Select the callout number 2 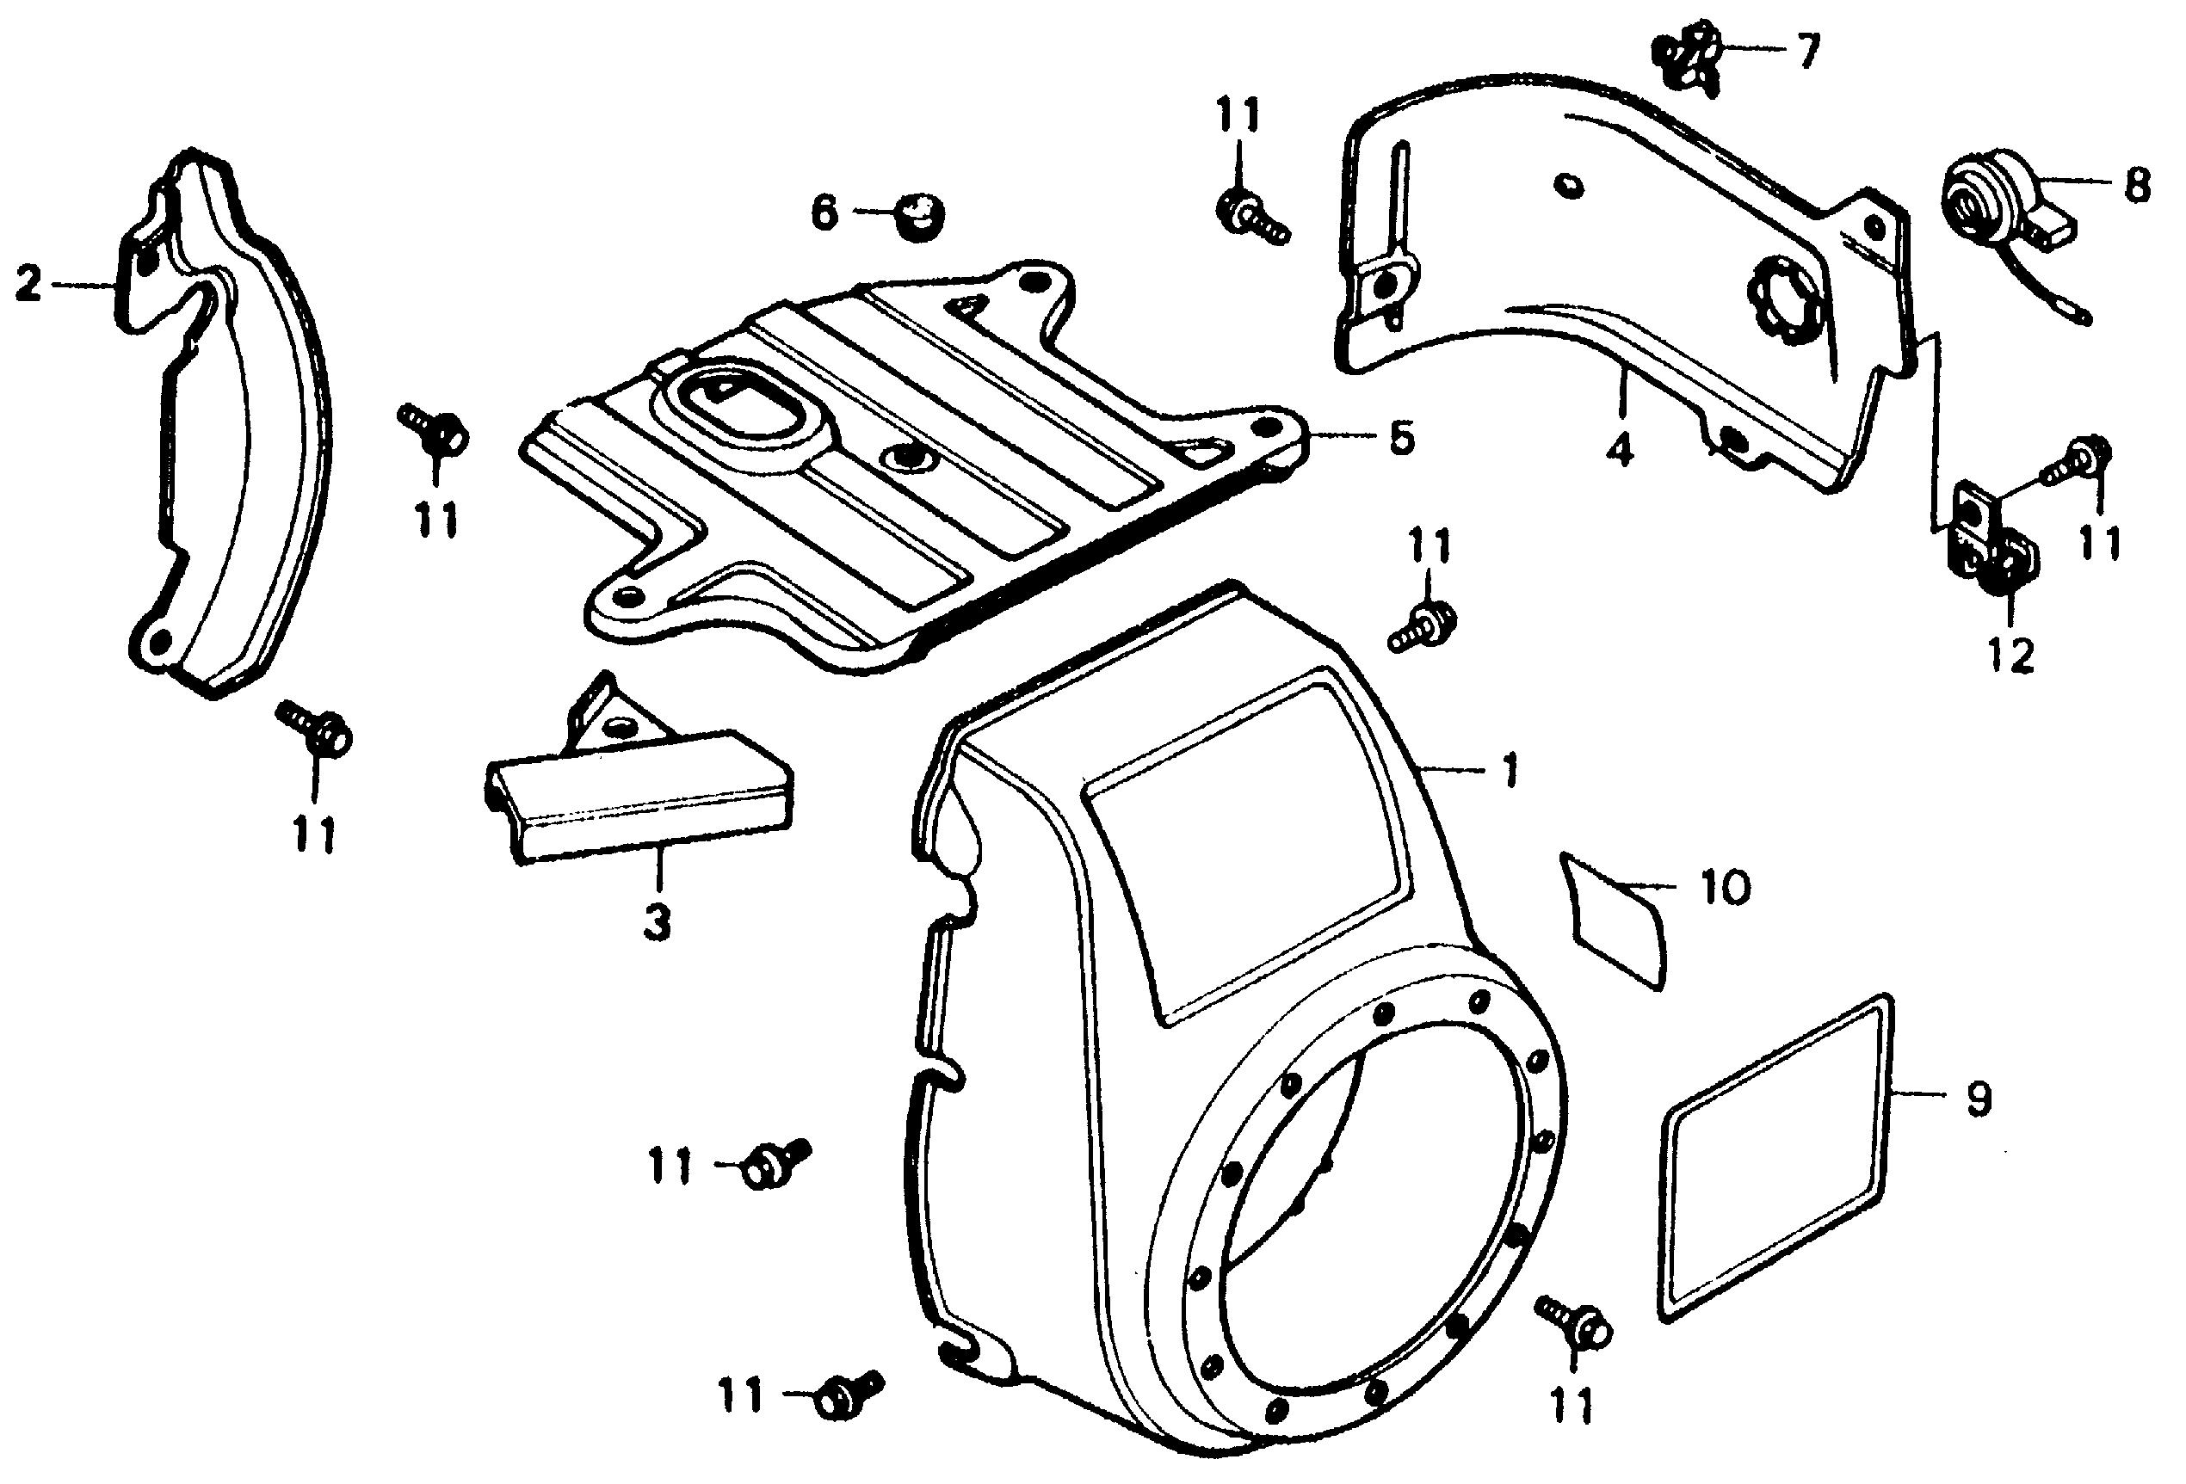coord(30,283)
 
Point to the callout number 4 coord(1618,453)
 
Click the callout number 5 coord(1401,437)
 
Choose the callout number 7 coord(1807,51)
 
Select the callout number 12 coord(2010,656)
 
